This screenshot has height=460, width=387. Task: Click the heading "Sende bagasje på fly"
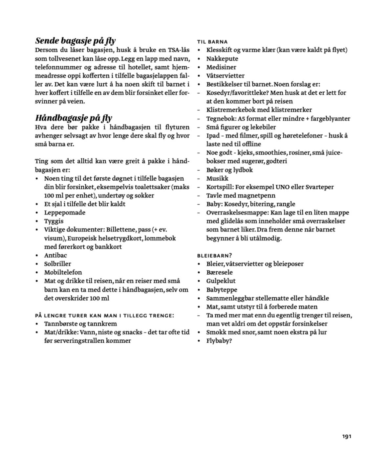coord(75,41)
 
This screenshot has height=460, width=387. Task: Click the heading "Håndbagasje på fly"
coord(74,118)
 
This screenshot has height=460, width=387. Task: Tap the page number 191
coord(347,436)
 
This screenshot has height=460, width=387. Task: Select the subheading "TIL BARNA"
coord(212,42)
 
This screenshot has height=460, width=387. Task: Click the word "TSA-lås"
coord(179,50)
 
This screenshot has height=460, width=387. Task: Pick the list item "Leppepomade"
coord(65,212)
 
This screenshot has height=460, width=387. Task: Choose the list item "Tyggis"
coord(54,221)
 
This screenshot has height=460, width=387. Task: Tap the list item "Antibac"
coord(55,255)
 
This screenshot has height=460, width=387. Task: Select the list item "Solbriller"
coord(57,264)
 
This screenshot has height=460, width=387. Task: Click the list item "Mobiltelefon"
coord(63,272)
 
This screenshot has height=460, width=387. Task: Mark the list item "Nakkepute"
coord(222,58)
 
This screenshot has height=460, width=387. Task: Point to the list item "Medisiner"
coord(221,67)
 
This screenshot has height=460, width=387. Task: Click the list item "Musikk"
coord(217,178)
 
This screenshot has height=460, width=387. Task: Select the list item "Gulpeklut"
coord(221,281)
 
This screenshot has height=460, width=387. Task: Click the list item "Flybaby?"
coord(219,340)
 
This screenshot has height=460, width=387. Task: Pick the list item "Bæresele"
coord(219,272)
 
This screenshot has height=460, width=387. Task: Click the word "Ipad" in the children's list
coord(213,135)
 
